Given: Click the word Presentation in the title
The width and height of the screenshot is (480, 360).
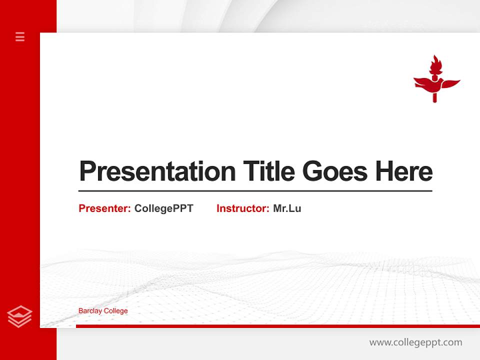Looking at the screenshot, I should (x=157, y=171).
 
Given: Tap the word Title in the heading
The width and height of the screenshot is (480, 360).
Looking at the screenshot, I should (x=268, y=171).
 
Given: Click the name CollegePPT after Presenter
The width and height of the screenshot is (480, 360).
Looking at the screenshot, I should (x=163, y=208).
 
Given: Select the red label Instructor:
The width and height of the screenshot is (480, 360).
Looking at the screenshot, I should (x=243, y=208).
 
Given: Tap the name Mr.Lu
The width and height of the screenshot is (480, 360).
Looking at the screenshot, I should (x=287, y=208).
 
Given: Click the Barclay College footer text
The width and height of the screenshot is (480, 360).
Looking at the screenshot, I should (x=103, y=311).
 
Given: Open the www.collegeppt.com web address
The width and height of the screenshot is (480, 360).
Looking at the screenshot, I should (x=415, y=342).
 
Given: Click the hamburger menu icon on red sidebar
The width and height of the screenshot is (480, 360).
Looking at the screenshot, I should (x=20, y=36).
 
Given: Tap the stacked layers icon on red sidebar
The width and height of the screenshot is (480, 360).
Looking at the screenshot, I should (x=19, y=316).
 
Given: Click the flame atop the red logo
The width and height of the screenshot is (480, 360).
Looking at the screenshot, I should (x=435, y=64).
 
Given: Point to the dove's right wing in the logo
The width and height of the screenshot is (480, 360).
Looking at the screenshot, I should (x=449, y=83).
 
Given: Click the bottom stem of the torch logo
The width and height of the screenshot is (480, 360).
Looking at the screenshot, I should (x=434, y=97).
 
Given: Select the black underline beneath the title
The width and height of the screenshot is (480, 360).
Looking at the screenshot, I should (x=255, y=190).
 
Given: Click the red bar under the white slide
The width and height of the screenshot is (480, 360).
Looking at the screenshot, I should (x=277, y=326).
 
